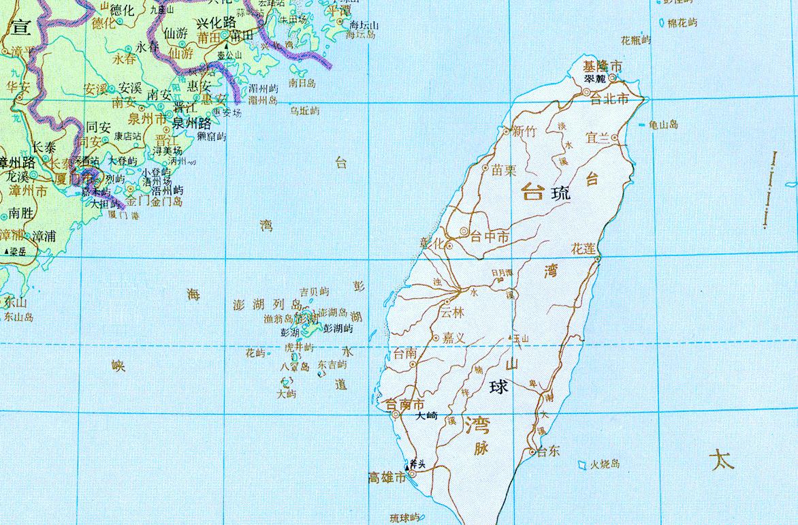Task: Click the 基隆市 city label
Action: pyautogui.click(x=603, y=66)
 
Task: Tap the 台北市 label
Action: pyautogui.click(x=618, y=99)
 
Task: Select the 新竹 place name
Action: pyautogui.click(x=524, y=132)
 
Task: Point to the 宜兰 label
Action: pyautogui.click(x=598, y=137)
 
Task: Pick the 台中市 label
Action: pyautogui.click(x=490, y=237)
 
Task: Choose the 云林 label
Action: pyautogui.click(x=452, y=313)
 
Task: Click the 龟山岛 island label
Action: pyautogui.click(x=664, y=125)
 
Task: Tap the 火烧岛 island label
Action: pyautogui.click(x=605, y=464)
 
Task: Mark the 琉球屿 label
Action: pyautogui.click(x=406, y=518)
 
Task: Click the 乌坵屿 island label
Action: pyautogui.click(x=304, y=110)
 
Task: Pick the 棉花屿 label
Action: pyautogui.click(x=682, y=22)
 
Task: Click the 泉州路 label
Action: pyautogui.click(x=191, y=124)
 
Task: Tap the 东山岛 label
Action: pyautogui.click(x=18, y=317)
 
